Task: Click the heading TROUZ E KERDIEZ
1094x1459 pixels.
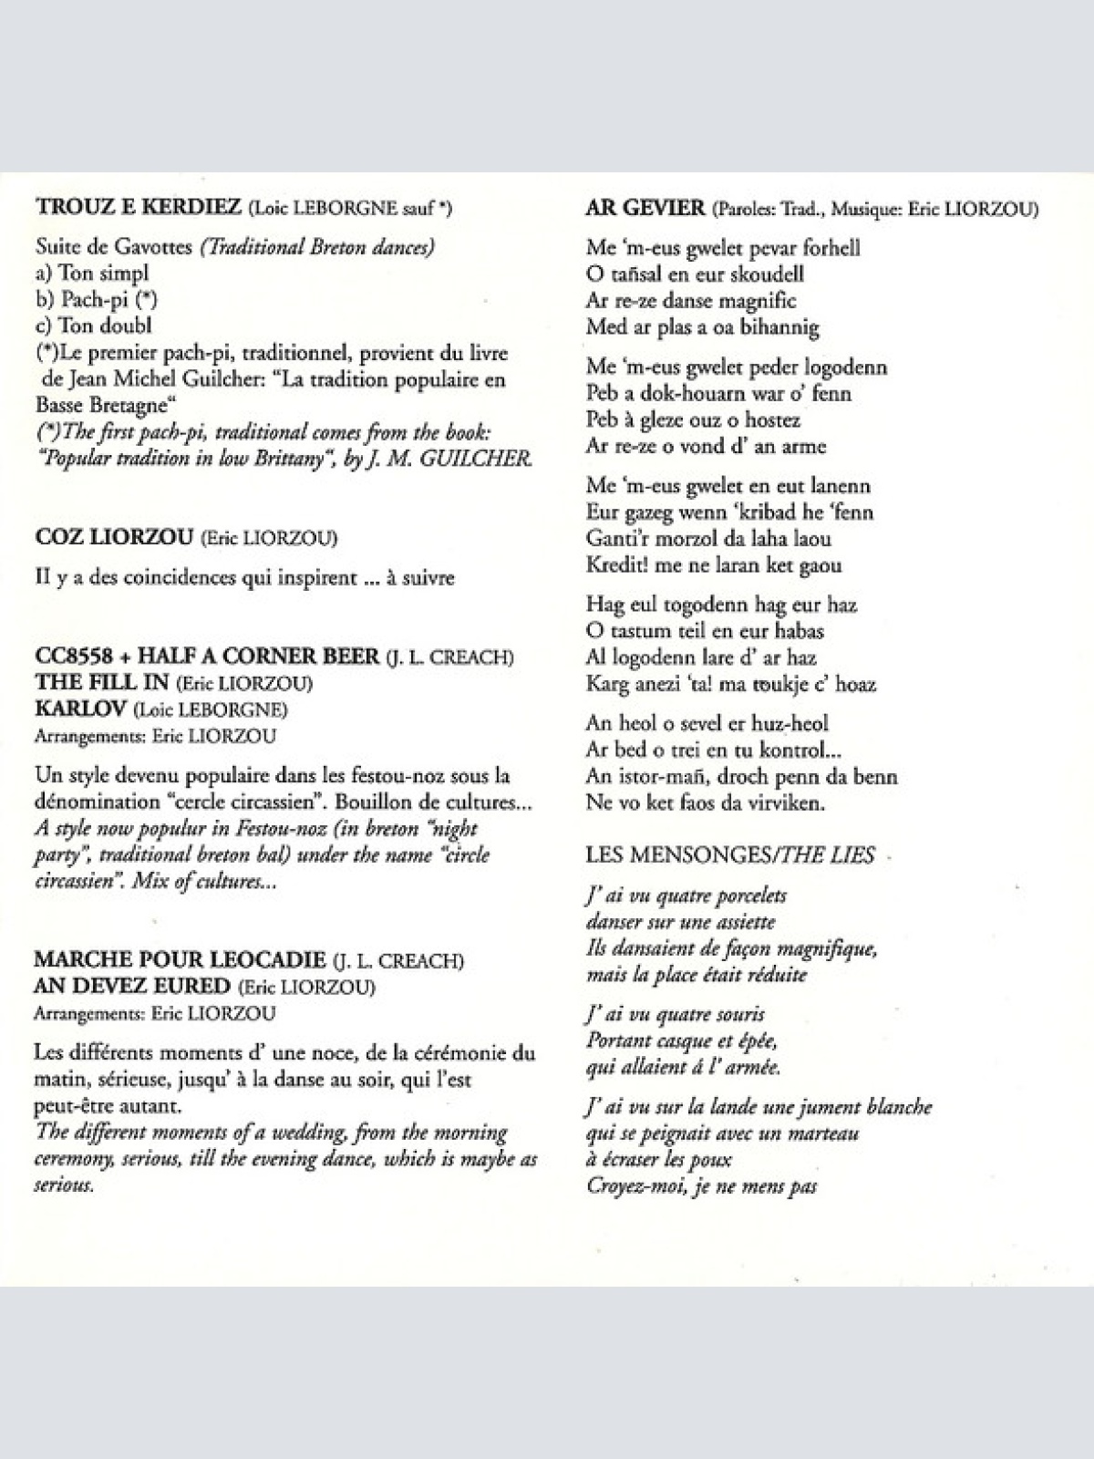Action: [138, 207]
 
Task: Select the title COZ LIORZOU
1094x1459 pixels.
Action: [114, 537]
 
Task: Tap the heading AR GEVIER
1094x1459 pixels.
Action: [645, 208]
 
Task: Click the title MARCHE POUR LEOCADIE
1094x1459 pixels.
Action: [180, 959]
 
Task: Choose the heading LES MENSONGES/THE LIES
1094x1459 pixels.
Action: [729, 855]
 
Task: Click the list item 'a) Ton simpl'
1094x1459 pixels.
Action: [92, 273]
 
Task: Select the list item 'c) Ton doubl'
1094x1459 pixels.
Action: [94, 326]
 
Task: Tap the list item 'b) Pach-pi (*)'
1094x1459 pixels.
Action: [97, 299]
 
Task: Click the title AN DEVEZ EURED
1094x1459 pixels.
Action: [132, 986]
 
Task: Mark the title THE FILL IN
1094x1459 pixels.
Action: [101, 682]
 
